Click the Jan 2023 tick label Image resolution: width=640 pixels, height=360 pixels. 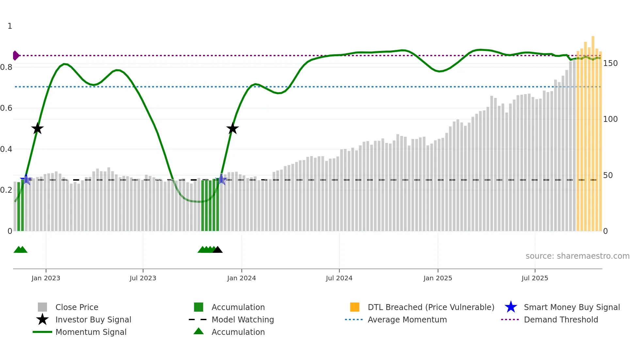click(46, 278)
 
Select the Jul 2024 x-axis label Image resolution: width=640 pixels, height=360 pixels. click(339, 278)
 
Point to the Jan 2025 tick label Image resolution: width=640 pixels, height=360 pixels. click(438, 278)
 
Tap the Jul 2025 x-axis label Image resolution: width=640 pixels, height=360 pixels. click(535, 278)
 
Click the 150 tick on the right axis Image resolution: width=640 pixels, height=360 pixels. click(610, 63)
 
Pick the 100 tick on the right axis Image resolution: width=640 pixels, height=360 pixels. click(610, 119)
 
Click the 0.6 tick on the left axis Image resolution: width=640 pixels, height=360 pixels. click(6, 108)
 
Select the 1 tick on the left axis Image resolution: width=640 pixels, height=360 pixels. click(10, 26)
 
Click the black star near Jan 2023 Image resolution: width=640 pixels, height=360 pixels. click(38, 128)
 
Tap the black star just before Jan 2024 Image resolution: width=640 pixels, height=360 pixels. click(232, 128)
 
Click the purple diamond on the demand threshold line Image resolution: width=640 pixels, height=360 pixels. click(15, 56)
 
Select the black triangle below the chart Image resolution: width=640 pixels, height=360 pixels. click(217, 250)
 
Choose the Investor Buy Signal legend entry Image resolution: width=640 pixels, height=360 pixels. click(93, 319)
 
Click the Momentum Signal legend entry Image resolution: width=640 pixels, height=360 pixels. click(91, 332)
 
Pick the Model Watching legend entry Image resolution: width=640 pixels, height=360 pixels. click(243, 319)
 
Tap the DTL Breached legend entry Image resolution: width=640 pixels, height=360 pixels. click(431, 307)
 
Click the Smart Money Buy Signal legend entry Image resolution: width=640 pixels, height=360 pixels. click(571, 307)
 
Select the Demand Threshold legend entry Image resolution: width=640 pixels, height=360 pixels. click(561, 319)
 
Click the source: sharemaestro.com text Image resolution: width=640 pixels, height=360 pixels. click(577, 256)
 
